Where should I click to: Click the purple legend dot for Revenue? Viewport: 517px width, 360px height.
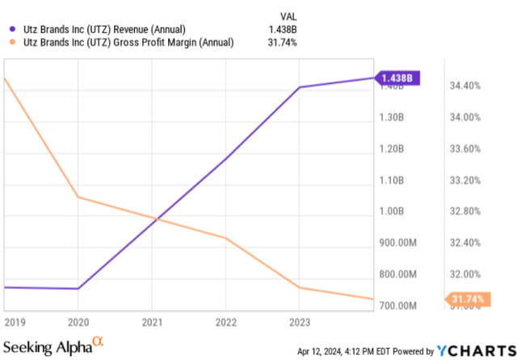[13, 29]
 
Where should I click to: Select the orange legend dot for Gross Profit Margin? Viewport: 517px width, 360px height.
[13, 42]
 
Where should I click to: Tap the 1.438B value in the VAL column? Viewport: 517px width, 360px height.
[283, 30]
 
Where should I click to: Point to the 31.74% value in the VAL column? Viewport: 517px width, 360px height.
[282, 43]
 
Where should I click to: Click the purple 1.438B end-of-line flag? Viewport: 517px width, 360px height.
[397, 78]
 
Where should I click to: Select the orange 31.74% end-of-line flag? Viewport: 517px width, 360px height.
[468, 299]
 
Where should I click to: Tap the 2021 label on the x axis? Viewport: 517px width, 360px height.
[152, 322]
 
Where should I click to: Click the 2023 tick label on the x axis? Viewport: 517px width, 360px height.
[300, 322]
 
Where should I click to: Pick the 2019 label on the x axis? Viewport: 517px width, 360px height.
[15, 322]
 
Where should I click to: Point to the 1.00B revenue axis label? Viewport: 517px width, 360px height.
[391, 211]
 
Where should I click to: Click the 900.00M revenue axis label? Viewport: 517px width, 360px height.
[398, 243]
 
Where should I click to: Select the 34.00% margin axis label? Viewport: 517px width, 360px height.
[465, 117]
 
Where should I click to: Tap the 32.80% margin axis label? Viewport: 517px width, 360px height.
[465, 211]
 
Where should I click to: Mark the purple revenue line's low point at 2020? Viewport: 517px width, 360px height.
[78, 289]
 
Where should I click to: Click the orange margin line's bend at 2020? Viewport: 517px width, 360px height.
[78, 197]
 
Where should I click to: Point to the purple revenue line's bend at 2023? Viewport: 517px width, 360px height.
[300, 87]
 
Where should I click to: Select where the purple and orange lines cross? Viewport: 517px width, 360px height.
[158, 219]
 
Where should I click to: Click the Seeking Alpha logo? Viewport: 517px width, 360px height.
[53, 345]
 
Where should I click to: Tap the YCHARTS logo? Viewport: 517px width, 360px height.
[477, 351]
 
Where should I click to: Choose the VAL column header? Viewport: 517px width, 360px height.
[288, 16]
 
